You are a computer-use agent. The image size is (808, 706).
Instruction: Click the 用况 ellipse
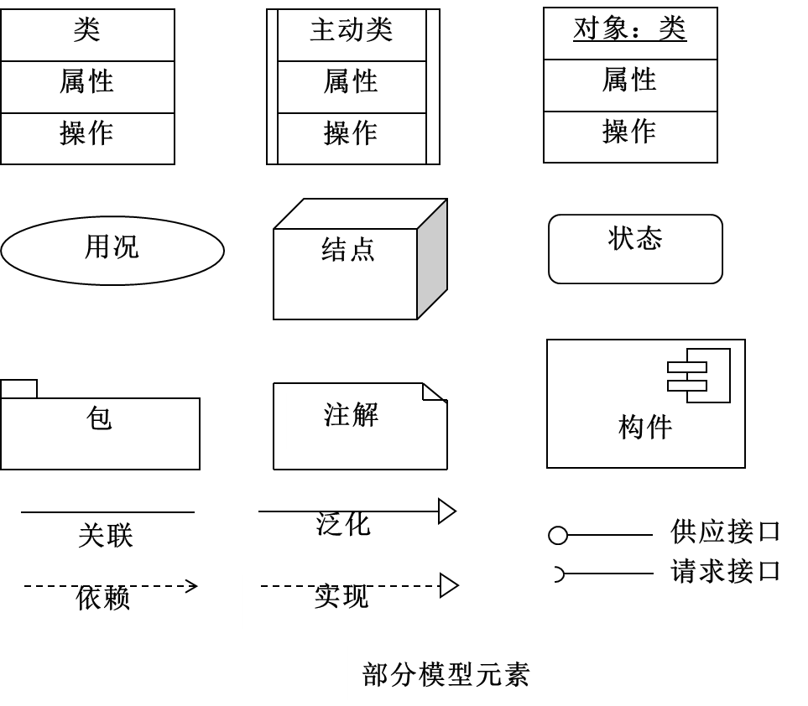112,250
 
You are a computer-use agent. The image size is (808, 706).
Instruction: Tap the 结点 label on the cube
347,250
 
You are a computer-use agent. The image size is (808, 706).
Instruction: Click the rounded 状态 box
635,248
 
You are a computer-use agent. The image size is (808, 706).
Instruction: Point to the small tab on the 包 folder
18,389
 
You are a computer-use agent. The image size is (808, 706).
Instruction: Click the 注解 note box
352,421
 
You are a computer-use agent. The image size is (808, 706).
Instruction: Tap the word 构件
645,427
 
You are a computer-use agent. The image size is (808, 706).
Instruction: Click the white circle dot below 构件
558,535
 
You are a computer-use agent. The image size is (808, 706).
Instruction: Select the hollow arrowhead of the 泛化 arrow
447,511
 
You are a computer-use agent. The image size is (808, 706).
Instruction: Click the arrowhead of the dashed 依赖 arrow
191,586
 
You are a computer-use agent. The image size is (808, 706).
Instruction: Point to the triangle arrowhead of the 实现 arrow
448,586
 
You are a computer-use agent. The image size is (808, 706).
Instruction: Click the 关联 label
106,536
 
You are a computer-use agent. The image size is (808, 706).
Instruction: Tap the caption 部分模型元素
446,674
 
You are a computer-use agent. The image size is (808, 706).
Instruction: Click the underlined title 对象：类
629,29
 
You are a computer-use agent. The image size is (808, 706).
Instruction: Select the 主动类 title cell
352,32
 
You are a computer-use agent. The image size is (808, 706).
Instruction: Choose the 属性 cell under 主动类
352,84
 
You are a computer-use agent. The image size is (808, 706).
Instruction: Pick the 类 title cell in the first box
87,32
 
